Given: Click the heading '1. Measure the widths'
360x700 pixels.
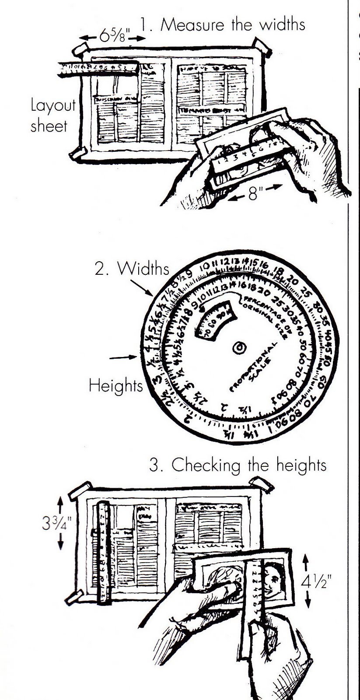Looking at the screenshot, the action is [x=222, y=24].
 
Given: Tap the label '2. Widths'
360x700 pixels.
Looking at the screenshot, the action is [x=132, y=269].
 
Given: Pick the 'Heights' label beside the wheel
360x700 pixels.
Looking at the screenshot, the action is [x=115, y=385].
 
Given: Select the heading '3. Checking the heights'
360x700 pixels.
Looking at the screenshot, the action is [x=238, y=465].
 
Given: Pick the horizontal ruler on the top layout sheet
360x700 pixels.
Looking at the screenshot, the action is [x=98, y=69].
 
